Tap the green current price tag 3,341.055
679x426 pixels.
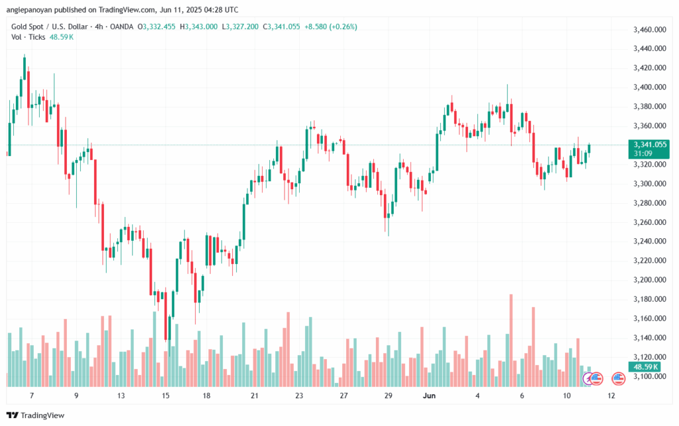click(x=650, y=145)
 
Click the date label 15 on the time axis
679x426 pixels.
click(x=166, y=395)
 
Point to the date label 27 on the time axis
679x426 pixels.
click(x=343, y=395)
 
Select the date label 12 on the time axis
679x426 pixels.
click(x=611, y=395)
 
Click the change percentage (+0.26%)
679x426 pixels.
click(x=343, y=27)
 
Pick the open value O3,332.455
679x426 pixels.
click(x=158, y=27)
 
